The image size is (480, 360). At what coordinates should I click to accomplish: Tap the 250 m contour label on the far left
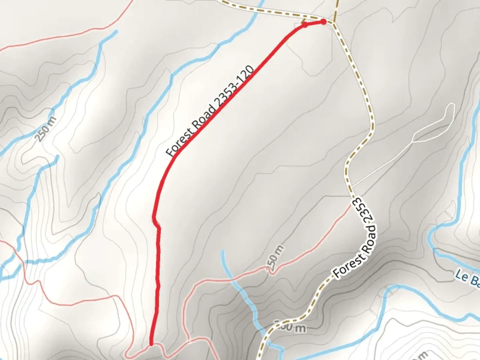click(x=46, y=129)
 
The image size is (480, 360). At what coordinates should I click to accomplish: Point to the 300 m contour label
click(x=290, y=327)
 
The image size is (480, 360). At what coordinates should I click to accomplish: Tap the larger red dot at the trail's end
click(x=323, y=22)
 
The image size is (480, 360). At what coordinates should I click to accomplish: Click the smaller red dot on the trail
click(x=304, y=24)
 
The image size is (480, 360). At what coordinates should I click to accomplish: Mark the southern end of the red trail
click(x=151, y=344)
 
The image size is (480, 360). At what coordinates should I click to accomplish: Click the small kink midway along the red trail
click(x=156, y=223)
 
